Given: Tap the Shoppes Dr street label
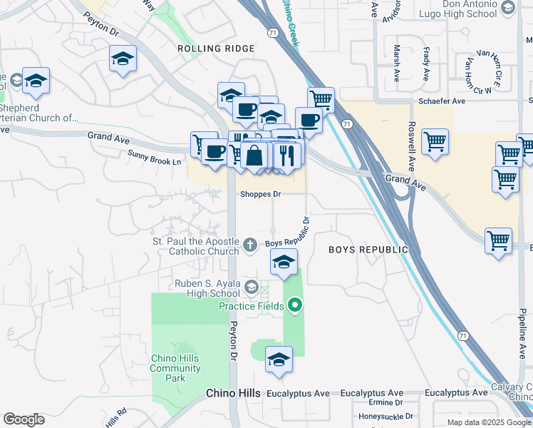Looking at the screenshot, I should (261, 194).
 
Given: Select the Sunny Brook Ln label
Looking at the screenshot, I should (155, 158).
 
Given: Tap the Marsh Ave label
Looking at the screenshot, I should (397, 59).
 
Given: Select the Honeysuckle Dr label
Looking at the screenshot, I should (385, 416).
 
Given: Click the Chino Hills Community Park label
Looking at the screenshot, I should (176, 368).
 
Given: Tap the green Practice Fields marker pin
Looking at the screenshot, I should (295, 306).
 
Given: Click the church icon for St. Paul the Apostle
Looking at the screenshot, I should (249, 245).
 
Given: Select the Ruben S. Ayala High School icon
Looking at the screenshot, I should (251, 287).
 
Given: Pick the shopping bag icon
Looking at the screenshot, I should (254, 154).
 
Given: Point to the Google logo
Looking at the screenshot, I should (24, 419).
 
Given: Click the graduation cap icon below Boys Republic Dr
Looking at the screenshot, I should (284, 263).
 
